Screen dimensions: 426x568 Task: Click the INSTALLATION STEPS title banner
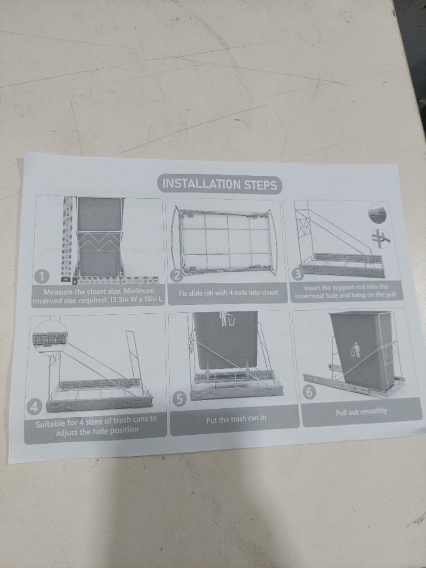click(219, 184)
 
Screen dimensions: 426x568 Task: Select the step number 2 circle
click(176, 277)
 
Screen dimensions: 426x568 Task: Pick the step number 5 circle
click(179, 399)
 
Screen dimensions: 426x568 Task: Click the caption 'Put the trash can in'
click(236, 419)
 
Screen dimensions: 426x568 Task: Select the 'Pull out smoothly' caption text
click(361, 412)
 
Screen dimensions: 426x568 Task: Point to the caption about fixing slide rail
click(228, 293)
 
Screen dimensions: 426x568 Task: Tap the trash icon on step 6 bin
click(355, 350)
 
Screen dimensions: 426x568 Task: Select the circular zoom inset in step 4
click(50, 337)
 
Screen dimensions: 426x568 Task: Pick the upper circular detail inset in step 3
click(377, 214)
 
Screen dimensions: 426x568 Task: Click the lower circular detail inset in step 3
click(380, 238)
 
